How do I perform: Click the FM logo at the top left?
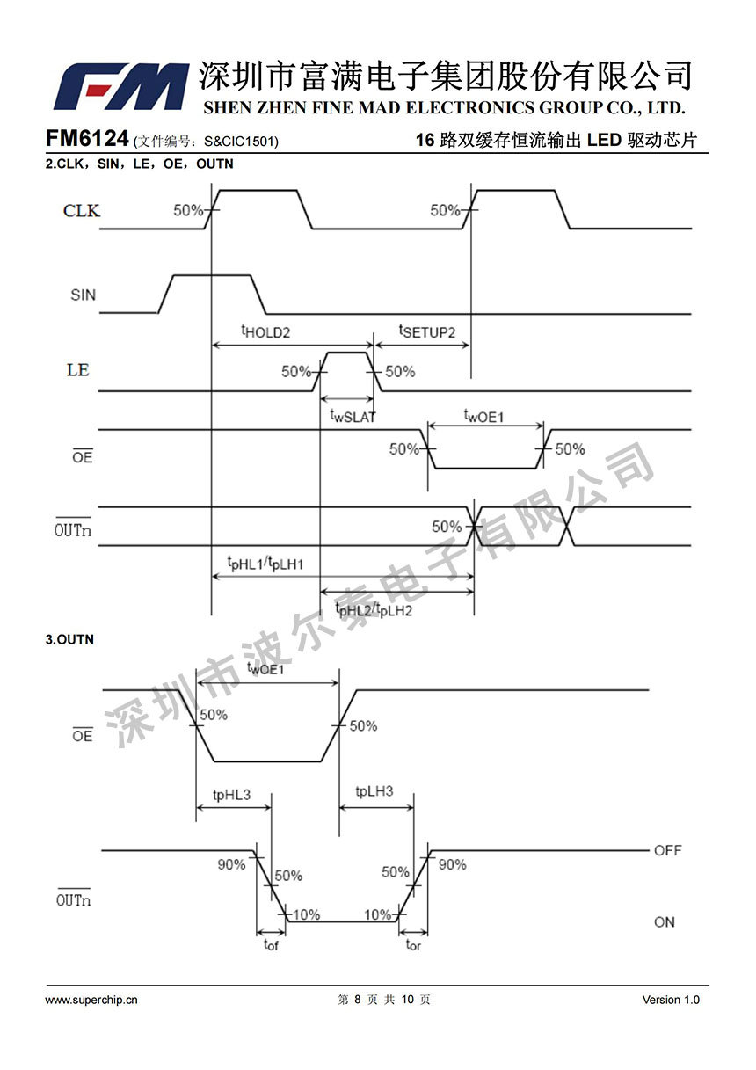click(121, 86)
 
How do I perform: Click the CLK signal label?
click(82, 211)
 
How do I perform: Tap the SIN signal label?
click(83, 295)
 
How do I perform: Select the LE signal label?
click(78, 370)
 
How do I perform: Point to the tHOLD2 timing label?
click(265, 332)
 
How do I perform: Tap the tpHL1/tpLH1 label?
click(265, 563)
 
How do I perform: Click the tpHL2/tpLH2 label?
click(374, 608)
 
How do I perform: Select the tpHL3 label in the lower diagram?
click(232, 795)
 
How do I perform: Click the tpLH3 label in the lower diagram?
click(374, 791)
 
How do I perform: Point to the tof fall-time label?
click(271, 946)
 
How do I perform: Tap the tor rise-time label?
click(413, 946)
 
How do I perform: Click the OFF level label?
click(667, 851)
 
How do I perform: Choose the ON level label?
click(665, 922)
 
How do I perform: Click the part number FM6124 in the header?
click(87, 139)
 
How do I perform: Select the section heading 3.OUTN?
click(69, 640)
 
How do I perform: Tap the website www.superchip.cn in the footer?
click(91, 1000)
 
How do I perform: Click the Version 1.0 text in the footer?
click(671, 1000)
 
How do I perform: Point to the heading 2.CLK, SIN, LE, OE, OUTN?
click(139, 164)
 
